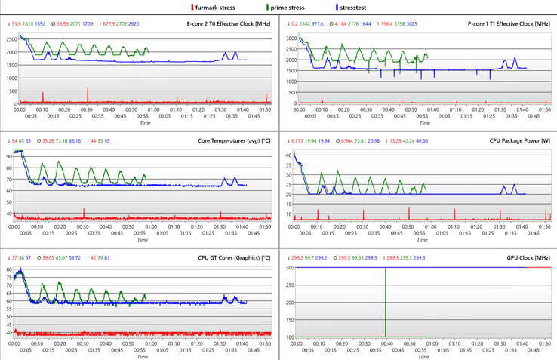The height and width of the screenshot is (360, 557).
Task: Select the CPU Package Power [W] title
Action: click(x=519, y=141)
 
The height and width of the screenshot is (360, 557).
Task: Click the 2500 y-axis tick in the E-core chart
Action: click(x=9, y=37)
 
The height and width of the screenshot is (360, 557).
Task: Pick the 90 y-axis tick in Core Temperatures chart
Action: click(x=9, y=156)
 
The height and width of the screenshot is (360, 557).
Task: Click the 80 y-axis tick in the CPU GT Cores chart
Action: click(x=9, y=269)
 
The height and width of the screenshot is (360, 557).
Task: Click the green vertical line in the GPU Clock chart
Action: click(x=386, y=302)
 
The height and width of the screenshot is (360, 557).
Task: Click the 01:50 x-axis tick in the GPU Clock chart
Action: click(x=546, y=343)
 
